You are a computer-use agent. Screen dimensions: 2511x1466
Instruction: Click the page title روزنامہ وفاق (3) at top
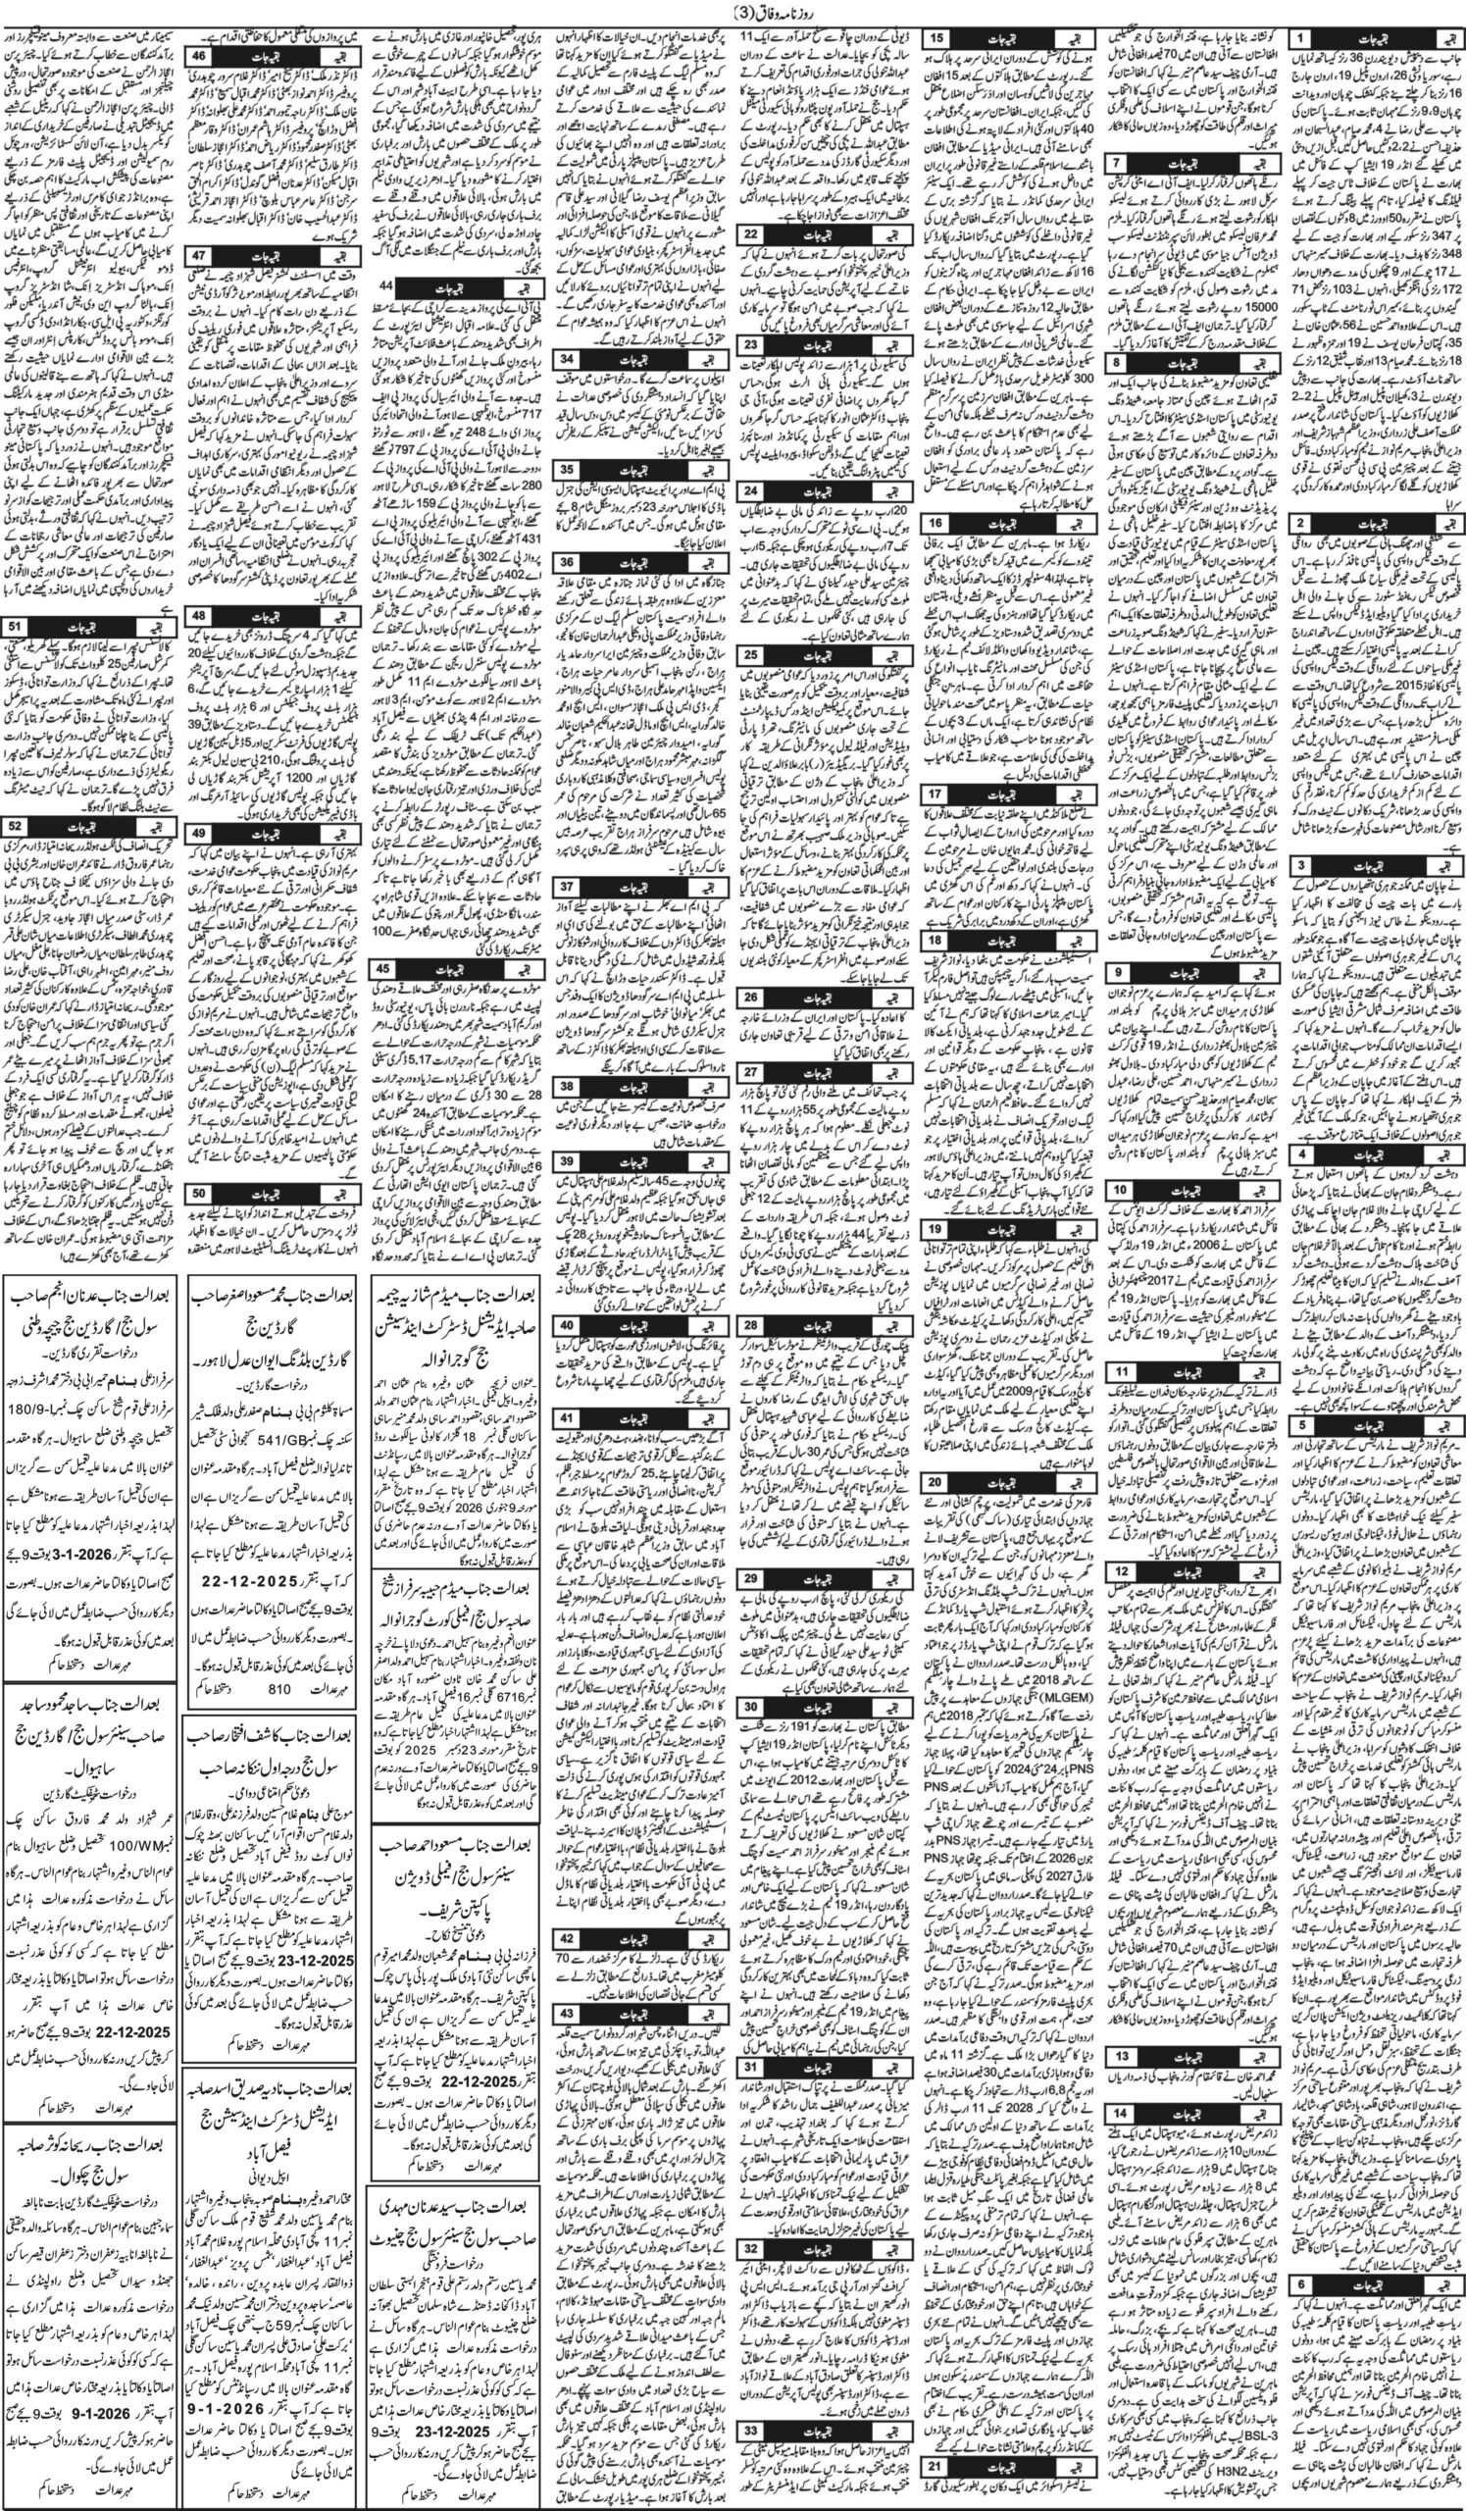(733, 12)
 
